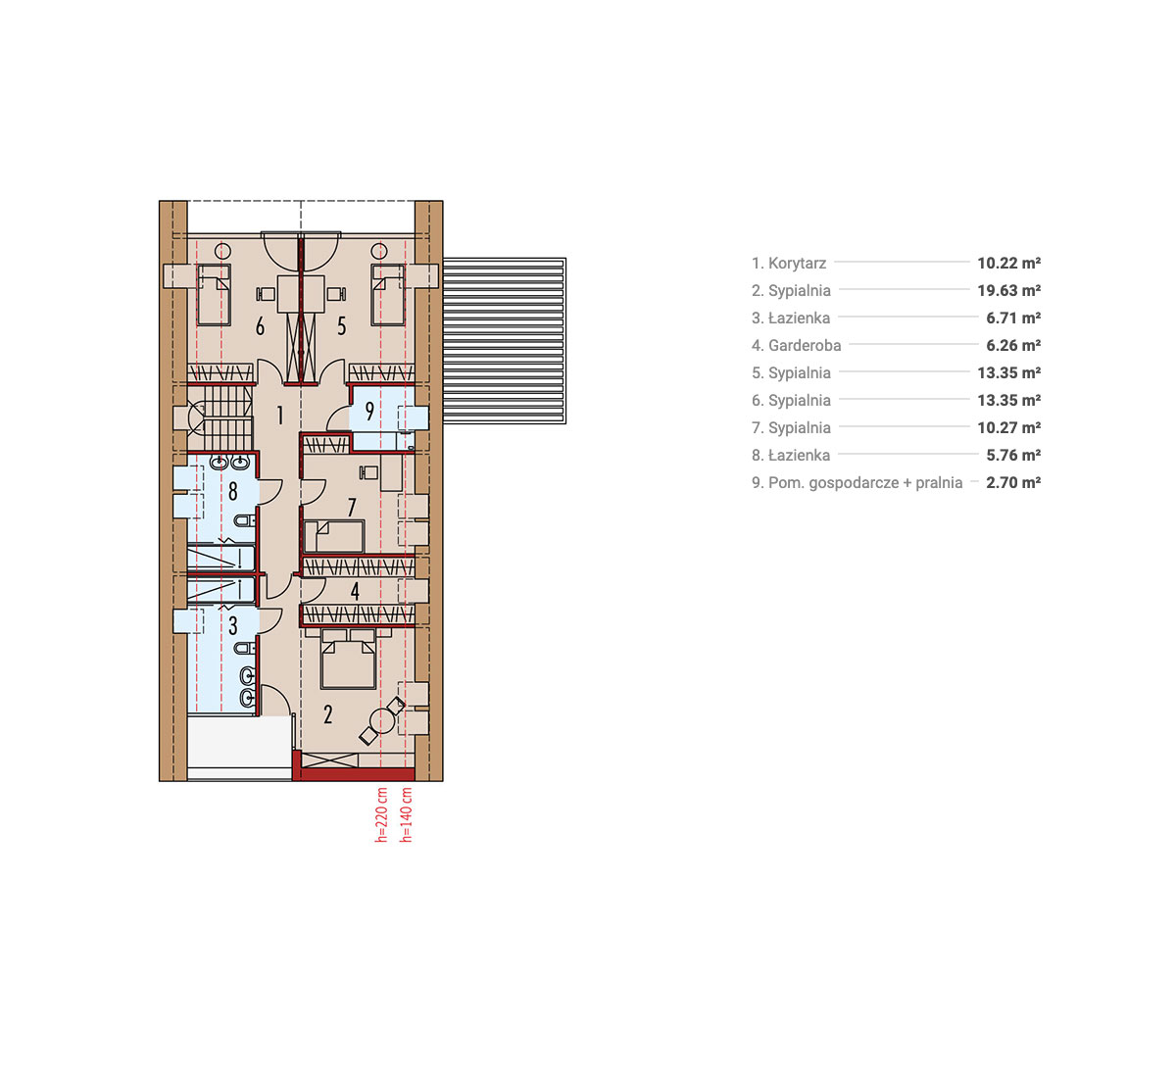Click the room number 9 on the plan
pyautogui.click(x=369, y=411)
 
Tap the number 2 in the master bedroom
pyautogui.click(x=327, y=713)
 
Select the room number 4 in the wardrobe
pyautogui.click(x=355, y=591)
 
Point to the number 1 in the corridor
pyautogui.click(x=280, y=416)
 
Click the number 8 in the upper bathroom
pyautogui.click(x=232, y=492)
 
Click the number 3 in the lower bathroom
pyautogui.click(x=232, y=626)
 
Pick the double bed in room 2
pyautogui.click(x=348, y=658)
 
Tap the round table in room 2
pyautogui.click(x=381, y=721)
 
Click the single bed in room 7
pyautogui.click(x=335, y=537)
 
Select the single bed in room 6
pyautogui.click(x=214, y=294)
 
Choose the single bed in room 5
pyautogui.click(x=388, y=294)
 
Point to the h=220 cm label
pyautogui.click(x=381, y=815)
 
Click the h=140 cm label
pyautogui.click(x=406, y=815)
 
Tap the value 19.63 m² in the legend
pyautogui.click(x=1009, y=291)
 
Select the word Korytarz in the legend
pyautogui.click(x=798, y=264)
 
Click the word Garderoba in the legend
pyautogui.click(x=805, y=346)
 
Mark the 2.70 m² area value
pyautogui.click(x=1013, y=483)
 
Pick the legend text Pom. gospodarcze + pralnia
pyautogui.click(x=865, y=483)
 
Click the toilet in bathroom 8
pyautogui.click(x=244, y=520)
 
